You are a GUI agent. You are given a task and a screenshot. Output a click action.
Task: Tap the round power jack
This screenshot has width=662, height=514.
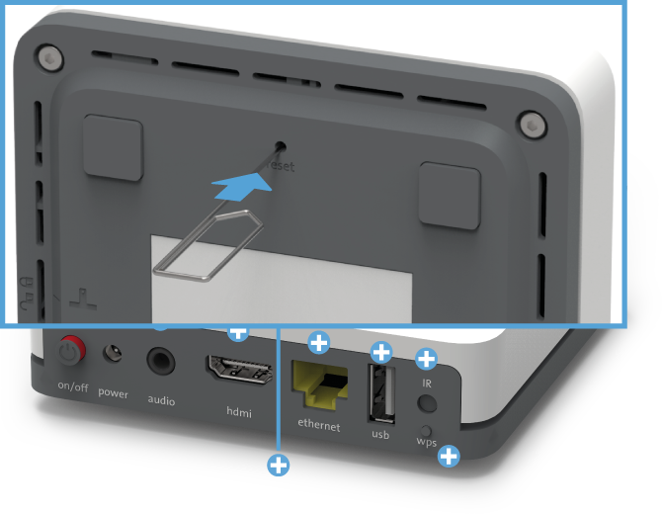[x=114, y=354]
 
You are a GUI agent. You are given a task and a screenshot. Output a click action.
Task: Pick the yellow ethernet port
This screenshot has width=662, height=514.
[x=319, y=385]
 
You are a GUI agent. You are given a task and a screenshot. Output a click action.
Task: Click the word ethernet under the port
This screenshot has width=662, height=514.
[x=319, y=427]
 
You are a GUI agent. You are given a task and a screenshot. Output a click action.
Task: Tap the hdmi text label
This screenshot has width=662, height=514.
[x=237, y=410]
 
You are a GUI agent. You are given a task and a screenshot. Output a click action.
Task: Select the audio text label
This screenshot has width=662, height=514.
[x=160, y=400]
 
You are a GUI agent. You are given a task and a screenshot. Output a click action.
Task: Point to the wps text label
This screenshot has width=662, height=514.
[x=426, y=442]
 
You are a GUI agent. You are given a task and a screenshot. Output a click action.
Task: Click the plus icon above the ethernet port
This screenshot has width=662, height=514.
[x=319, y=343]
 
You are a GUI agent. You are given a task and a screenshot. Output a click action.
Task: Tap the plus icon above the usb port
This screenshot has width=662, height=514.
[x=381, y=352]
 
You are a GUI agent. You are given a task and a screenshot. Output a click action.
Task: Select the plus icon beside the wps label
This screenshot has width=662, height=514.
[x=449, y=456]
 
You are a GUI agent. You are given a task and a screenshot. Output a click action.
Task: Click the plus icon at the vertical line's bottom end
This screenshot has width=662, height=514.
[x=280, y=464]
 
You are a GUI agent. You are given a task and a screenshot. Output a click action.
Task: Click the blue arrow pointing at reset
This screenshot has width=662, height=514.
[x=240, y=181]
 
